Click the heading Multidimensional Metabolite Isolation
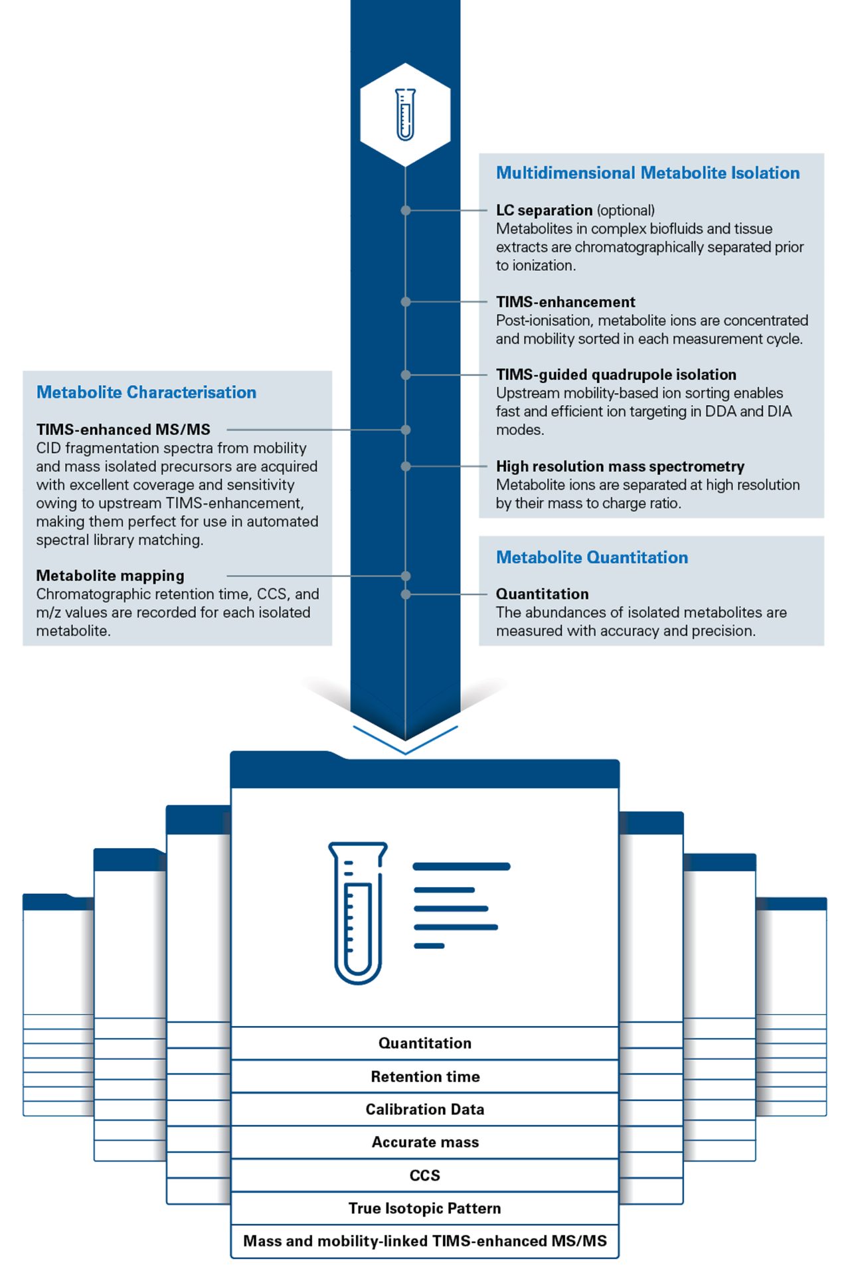(647, 173)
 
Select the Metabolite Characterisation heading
(146, 392)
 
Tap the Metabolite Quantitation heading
(592, 557)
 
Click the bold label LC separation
(544, 211)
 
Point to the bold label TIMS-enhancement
(565, 302)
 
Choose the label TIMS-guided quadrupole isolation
(616, 375)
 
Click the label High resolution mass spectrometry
(620, 466)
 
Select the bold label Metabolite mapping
(110, 576)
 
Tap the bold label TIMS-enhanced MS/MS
(123, 430)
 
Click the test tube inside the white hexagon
(405, 114)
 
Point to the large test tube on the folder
(357, 912)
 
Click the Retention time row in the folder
(425, 1076)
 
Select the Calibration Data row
(425, 1109)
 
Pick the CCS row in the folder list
(425, 1175)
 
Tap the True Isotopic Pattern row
(425, 1208)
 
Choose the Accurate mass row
(425, 1142)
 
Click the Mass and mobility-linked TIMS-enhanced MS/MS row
(425, 1241)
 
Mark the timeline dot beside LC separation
(406, 211)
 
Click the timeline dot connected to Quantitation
(406, 594)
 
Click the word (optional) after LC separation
(626, 211)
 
